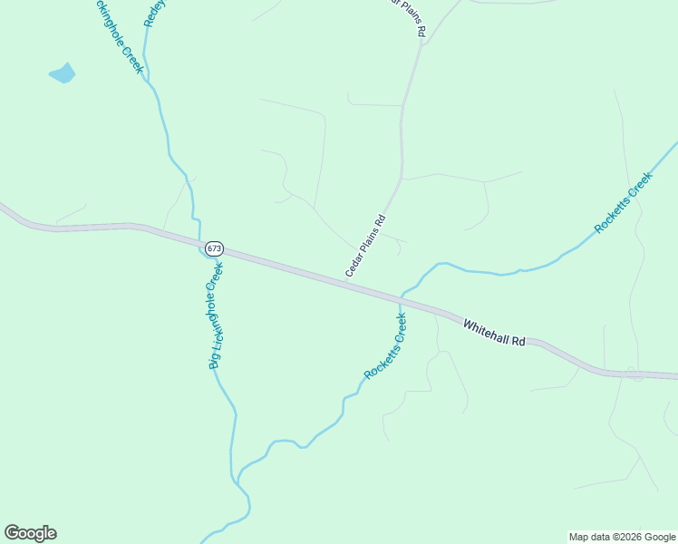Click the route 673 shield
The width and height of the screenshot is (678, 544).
coord(214,248)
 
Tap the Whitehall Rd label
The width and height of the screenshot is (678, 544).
coord(494,333)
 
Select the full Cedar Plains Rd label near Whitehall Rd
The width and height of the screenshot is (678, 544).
coord(365,246)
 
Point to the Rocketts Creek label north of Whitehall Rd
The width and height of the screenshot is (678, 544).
coord(624,203)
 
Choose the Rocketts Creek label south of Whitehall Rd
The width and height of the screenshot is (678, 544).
coord(386,347)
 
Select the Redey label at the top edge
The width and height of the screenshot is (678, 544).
coord(152,13)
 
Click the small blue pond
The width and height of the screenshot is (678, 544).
coord(63,73)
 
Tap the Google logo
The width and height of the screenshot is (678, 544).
coord(30,533)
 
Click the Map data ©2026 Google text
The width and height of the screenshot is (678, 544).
coord(622,537)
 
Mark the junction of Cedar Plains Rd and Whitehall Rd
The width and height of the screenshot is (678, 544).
coord(345,283)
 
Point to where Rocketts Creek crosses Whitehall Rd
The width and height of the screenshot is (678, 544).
coord(401,297)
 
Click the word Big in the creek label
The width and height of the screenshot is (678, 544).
coord(215,360)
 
